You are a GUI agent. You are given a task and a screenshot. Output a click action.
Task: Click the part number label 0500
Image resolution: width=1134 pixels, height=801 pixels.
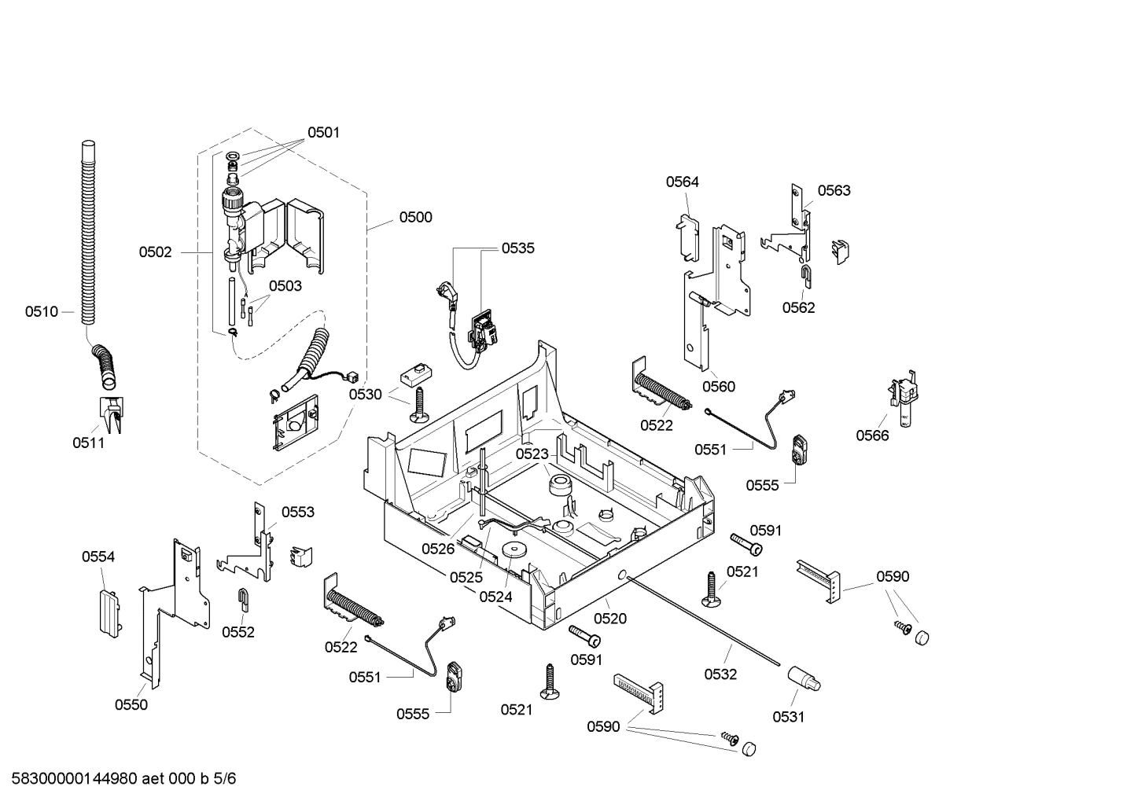[415, 218]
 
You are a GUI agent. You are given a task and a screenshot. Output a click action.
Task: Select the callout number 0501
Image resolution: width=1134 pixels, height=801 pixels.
[323, 133]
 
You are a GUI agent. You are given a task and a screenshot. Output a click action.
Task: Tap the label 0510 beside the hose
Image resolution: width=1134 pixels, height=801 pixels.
[41, 312]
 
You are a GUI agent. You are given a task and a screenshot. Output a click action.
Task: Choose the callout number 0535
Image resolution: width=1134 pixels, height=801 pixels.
[518, 248]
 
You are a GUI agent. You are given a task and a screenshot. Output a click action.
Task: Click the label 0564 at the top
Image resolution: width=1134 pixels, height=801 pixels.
[682, 182]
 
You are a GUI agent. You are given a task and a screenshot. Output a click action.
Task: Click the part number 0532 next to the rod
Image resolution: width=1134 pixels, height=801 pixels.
[720, 674]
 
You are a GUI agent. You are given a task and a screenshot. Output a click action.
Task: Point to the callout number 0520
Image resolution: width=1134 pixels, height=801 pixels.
[610, 619]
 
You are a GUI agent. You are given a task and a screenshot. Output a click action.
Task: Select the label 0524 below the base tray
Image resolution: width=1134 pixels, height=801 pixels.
[495, 597]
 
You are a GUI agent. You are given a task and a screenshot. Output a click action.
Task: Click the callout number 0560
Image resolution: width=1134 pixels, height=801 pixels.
[718, 386]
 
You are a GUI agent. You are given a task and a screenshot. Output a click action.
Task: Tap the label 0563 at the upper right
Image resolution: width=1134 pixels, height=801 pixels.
[834, 190]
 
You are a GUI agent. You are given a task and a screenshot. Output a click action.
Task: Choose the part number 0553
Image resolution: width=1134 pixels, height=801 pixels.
[297, 512]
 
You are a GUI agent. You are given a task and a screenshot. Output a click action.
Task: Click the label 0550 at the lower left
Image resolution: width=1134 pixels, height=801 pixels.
[131, 704]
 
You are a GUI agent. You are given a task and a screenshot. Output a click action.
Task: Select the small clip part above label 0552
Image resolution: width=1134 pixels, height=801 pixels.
[244, 599]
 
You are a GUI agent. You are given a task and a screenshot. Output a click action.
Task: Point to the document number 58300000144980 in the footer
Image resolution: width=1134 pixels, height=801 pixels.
[71, 779]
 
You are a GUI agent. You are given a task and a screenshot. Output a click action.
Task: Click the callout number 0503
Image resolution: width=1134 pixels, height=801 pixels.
[285, 286]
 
